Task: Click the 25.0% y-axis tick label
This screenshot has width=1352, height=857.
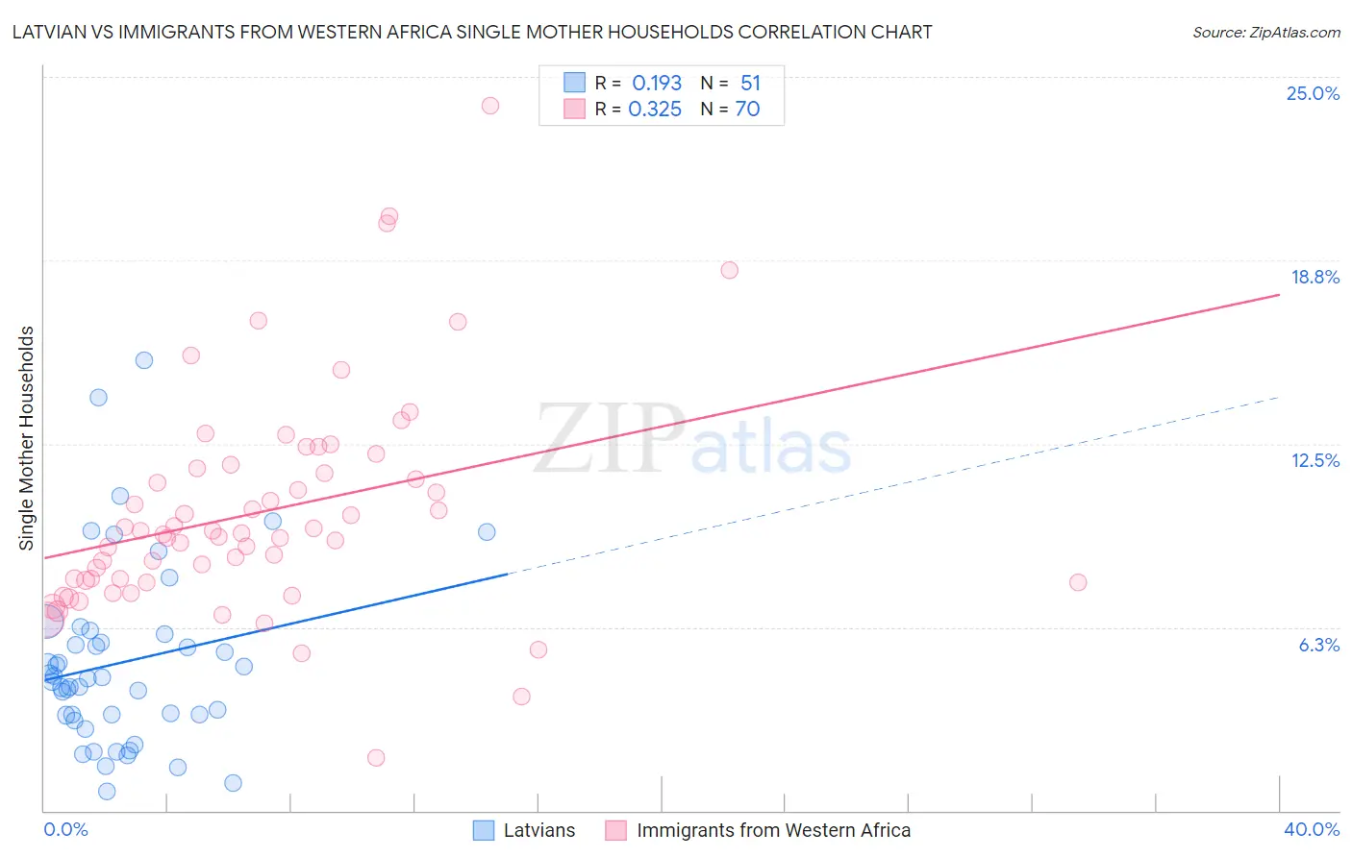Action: pyautogui.click(x=1313, y=93)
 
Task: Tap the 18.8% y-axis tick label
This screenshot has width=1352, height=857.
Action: pyautogui.click(x=1314, y=277)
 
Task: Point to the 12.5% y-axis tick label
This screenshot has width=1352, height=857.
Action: pyautogui.click(x=1314, y=460)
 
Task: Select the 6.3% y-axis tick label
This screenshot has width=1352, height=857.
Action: pyautogui.click(x=1318, y=645)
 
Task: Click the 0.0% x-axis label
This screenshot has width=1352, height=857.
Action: pyautogui.click(x=65, y=829)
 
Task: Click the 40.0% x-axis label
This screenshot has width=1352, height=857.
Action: pyautogui.click(x=1311, y=829)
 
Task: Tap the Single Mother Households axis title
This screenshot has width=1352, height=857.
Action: pyautogui.click(x=27, y=438)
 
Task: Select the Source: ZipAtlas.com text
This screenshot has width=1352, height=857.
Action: pyautogui.click(x=1265, y=32)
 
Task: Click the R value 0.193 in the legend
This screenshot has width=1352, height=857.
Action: pyautogui.click(x=657, y=83)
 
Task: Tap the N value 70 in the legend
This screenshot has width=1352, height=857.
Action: pyautogui.click(x=747, y=110)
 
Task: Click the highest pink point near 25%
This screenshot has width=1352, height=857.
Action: pyautogui.click(x=490, y=106)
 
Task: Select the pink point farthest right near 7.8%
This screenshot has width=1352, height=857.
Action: pyautogui.click(x=1078, y=582)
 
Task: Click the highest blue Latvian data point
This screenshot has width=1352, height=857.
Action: pyautogui.click(x=144, y=360)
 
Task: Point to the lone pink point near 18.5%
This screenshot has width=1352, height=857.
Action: pyautogui.click(x=730, y=270)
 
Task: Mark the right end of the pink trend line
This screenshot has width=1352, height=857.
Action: pyautogui.click(x=1279, y=295)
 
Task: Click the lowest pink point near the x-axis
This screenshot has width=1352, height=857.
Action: pyautogui.click(x=376, y=758)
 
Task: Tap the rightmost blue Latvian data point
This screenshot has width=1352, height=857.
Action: pyautogui.click(x=487, y=532)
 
